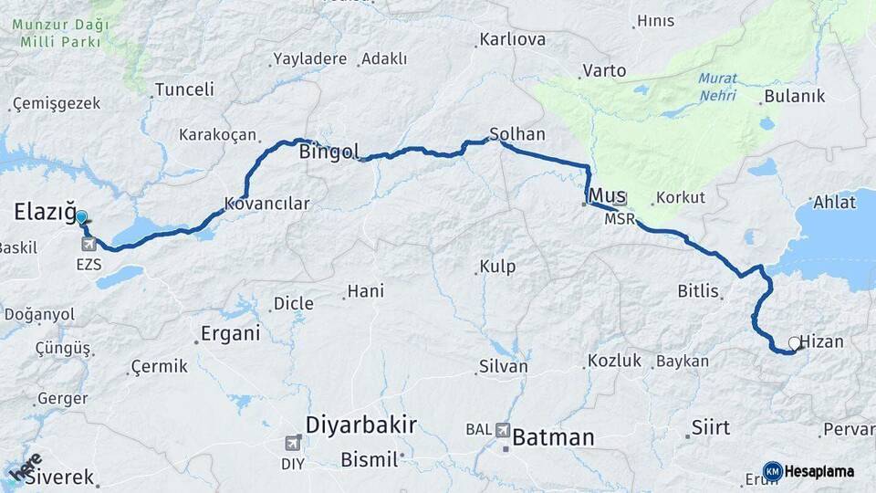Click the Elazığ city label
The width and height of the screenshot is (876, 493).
(x=44, y=213)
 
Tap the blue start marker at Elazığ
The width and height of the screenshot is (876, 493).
(x=81, y=217)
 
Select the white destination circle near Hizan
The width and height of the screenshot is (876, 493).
(x=795, y=343)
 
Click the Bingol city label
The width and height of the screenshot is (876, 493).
(x=328, y=152)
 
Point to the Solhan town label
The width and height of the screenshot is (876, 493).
(x=517, y=134)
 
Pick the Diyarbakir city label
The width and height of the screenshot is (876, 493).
(x=360, y=425)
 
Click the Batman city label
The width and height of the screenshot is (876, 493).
(x=553, y=437)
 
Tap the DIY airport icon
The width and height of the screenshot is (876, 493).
(x=292, y=444)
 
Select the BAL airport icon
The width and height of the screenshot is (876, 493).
(x=503, y=429)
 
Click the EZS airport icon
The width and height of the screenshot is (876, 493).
(x=89, y=244)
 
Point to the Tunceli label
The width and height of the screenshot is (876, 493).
(x=184, y=89)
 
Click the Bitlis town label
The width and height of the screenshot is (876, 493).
(x=699, y=292)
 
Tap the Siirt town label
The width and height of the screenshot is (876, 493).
(x=711, y=426)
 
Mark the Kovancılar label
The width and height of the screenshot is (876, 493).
(x=267, y=204)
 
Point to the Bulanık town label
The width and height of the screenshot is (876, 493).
(x=794, y=96)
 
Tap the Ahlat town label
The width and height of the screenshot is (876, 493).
(x=834, y=202)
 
